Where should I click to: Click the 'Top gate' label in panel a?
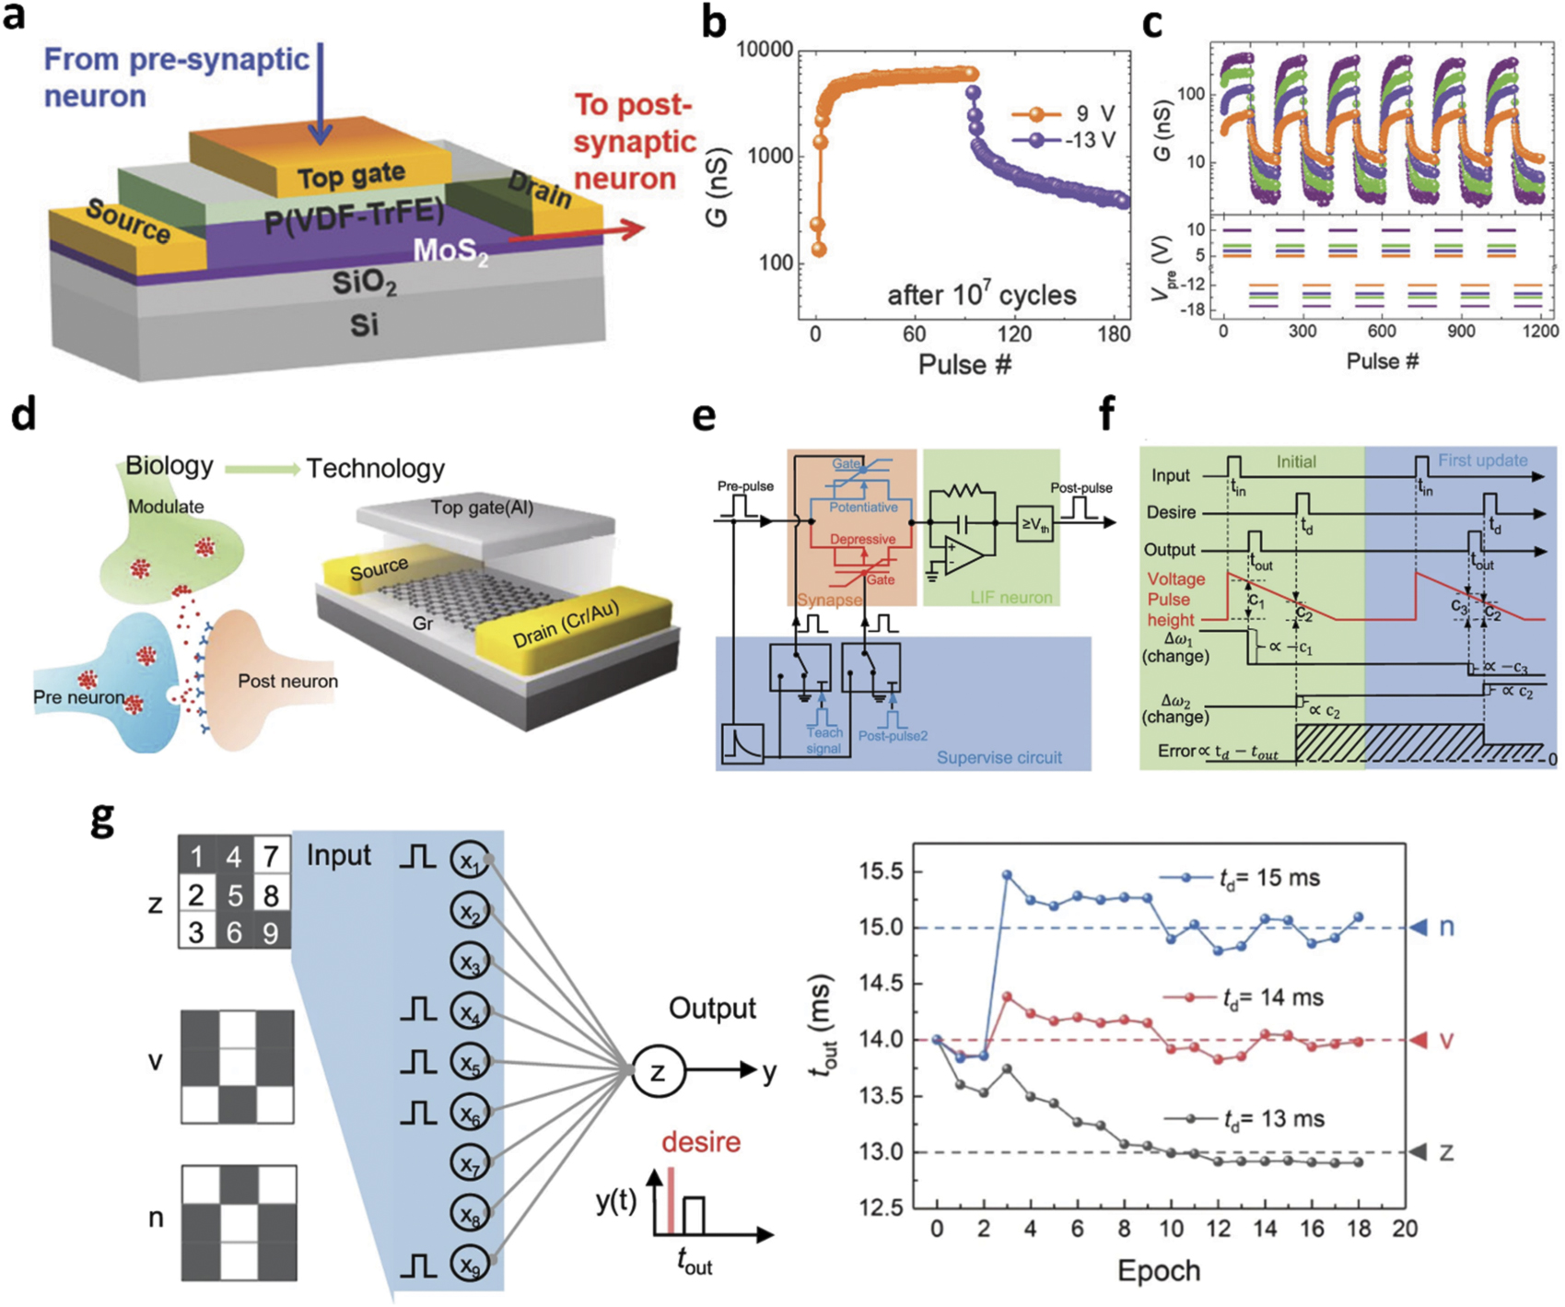coord(351,174)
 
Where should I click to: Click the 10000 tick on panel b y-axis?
coord(764,51)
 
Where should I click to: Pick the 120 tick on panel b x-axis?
coord(1014,333)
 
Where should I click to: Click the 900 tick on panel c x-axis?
coord(1460,332)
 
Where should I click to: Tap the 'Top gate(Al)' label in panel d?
coord(481,508)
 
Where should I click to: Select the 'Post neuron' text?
coord(287,682)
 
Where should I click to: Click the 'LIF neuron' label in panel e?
coord(1010,598)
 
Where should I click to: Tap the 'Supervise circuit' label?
coord(999,757)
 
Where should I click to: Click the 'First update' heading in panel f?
coord(1482,461)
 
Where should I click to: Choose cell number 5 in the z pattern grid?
coord(234,895)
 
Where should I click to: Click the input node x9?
coord(471,1265)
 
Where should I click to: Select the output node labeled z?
coord(658,1072)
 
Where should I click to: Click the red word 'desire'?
coord(700,1142)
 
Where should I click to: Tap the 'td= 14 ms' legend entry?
coord(1271,998)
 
